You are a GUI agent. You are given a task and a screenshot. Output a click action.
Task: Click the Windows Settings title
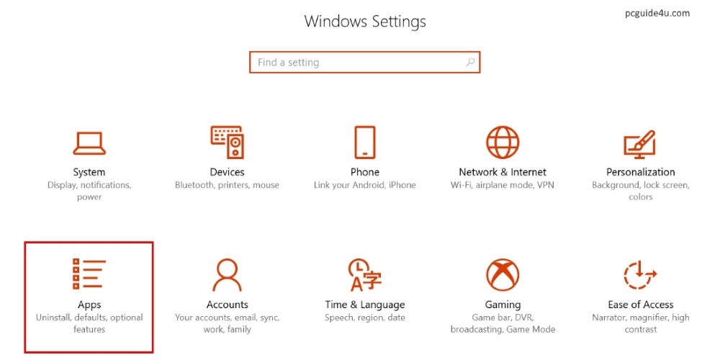[365, 22]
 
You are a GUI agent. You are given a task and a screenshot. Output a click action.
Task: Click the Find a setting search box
[364, 62]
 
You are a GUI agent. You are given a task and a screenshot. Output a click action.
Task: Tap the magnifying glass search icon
[470, 62]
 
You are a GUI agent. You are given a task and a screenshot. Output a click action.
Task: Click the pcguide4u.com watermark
[657, 13]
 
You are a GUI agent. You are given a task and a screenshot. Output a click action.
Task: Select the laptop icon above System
[89, 143]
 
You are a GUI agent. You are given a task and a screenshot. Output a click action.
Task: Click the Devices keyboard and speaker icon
[227, 143]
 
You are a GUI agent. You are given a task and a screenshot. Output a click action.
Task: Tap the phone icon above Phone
[364, 143]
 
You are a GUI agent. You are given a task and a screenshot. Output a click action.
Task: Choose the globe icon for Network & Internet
[503, 143]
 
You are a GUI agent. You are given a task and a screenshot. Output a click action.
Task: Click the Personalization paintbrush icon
[639, 144]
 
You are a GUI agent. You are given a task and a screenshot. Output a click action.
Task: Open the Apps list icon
[89, 274]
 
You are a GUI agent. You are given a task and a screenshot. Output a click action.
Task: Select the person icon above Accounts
[227, 274]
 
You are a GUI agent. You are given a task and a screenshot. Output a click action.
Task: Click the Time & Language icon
[364, 274]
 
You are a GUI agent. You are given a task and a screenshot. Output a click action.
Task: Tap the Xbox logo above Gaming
[503, 274]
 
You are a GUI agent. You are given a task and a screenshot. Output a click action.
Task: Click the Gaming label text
[503, 305]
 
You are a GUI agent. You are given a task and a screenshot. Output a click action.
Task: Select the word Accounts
[228, 305]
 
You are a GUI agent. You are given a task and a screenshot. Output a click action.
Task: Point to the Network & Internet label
[503, 172]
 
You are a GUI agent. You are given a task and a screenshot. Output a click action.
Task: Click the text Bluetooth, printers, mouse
[227, 185]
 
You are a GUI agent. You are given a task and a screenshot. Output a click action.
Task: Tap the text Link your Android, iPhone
[364, 185]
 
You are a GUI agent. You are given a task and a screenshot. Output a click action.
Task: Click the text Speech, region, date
[364, 318]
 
